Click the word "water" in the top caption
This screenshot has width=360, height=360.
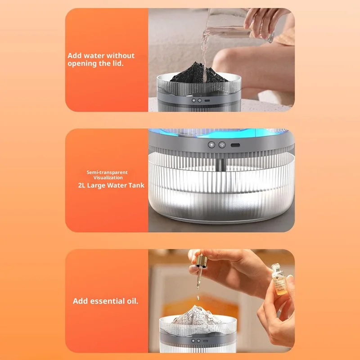point(94,56)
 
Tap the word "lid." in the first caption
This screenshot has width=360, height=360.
point(118,63)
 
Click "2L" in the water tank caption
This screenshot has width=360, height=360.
point(81,185)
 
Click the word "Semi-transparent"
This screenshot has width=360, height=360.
point(107,172)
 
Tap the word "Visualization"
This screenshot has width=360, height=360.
point(108,178)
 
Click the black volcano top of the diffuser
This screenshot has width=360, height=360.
point(198,73)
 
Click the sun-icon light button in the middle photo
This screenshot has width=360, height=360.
point(211,145)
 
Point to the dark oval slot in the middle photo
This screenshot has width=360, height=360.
point(235,145)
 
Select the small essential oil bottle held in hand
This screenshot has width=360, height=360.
point(279,279)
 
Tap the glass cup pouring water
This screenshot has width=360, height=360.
point(239,24)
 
